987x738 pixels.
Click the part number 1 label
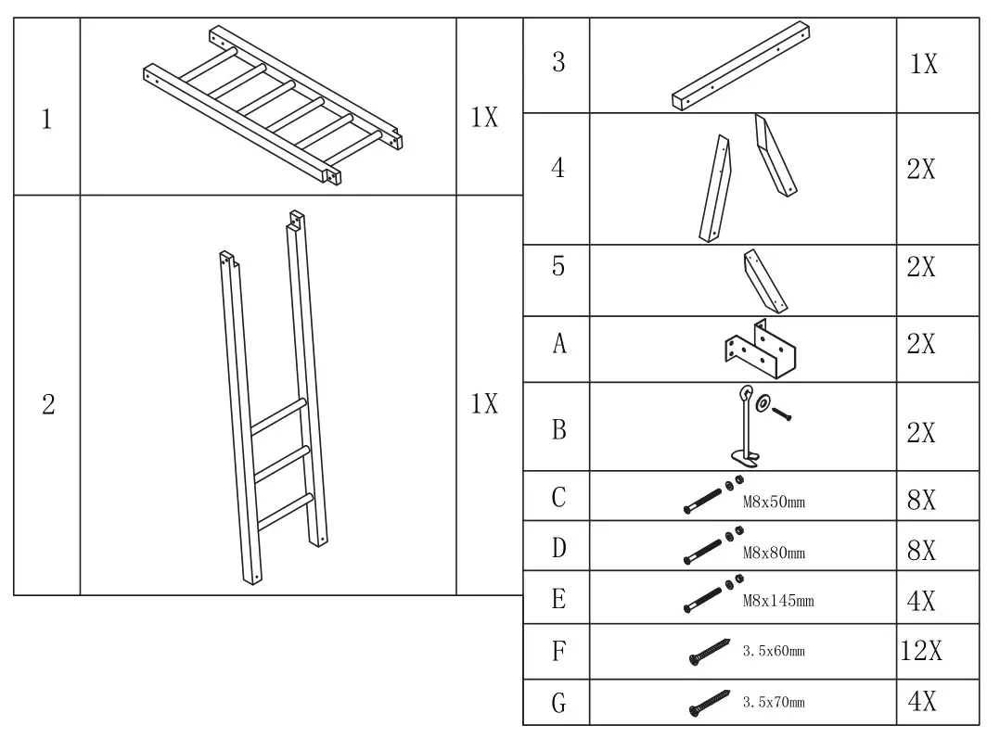pyautogui.click(x=46, y=119)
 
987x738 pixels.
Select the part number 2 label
pyautogui.click(x=48, y=404)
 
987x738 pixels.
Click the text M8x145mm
pyautogui.click(x=778, y=601)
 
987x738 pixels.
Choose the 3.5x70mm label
pyautogui.click(x=774, y=702)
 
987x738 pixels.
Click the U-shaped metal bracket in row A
pyautogui.click(x=762, y=350)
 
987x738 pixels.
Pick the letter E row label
pyautogui.click(x=558, y=599)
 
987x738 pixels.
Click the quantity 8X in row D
pyautogui.click(x=920, y=551)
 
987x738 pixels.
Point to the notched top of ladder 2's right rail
pyautogui.click(x=297, y=221)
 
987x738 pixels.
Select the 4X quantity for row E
pyautogui.click(x=920, y=602)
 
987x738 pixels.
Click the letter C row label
pyautogui.click(x=558, y=499)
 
